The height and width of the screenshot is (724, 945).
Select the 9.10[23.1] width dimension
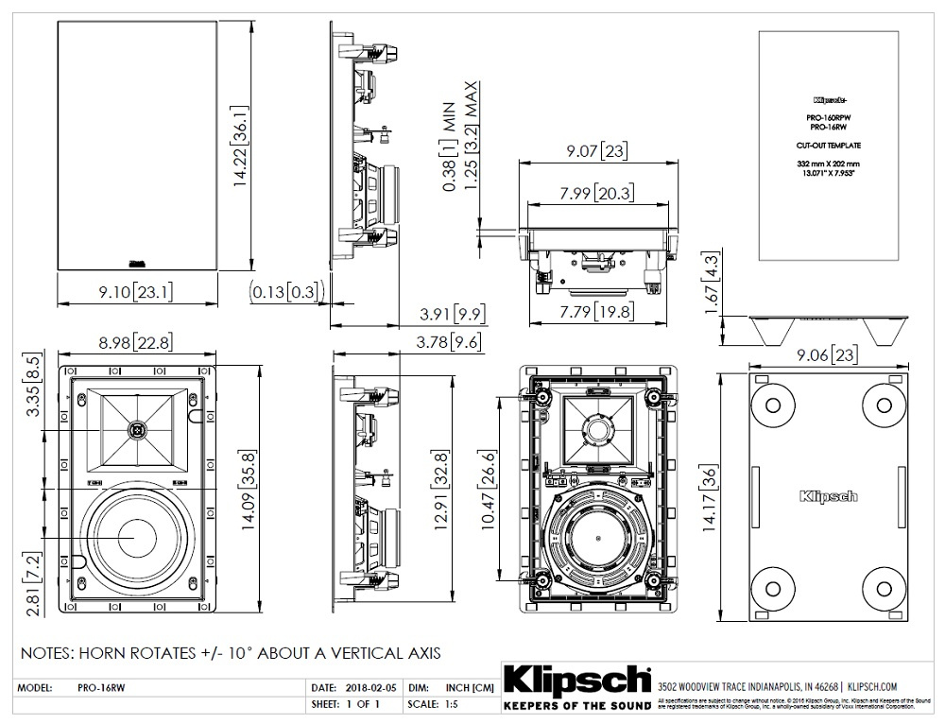pos(135,292)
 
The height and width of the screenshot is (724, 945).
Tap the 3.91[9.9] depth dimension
pos(453,313)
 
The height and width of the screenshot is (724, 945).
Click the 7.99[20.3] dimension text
pos(596,194)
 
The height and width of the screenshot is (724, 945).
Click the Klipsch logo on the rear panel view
pos(829,495)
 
